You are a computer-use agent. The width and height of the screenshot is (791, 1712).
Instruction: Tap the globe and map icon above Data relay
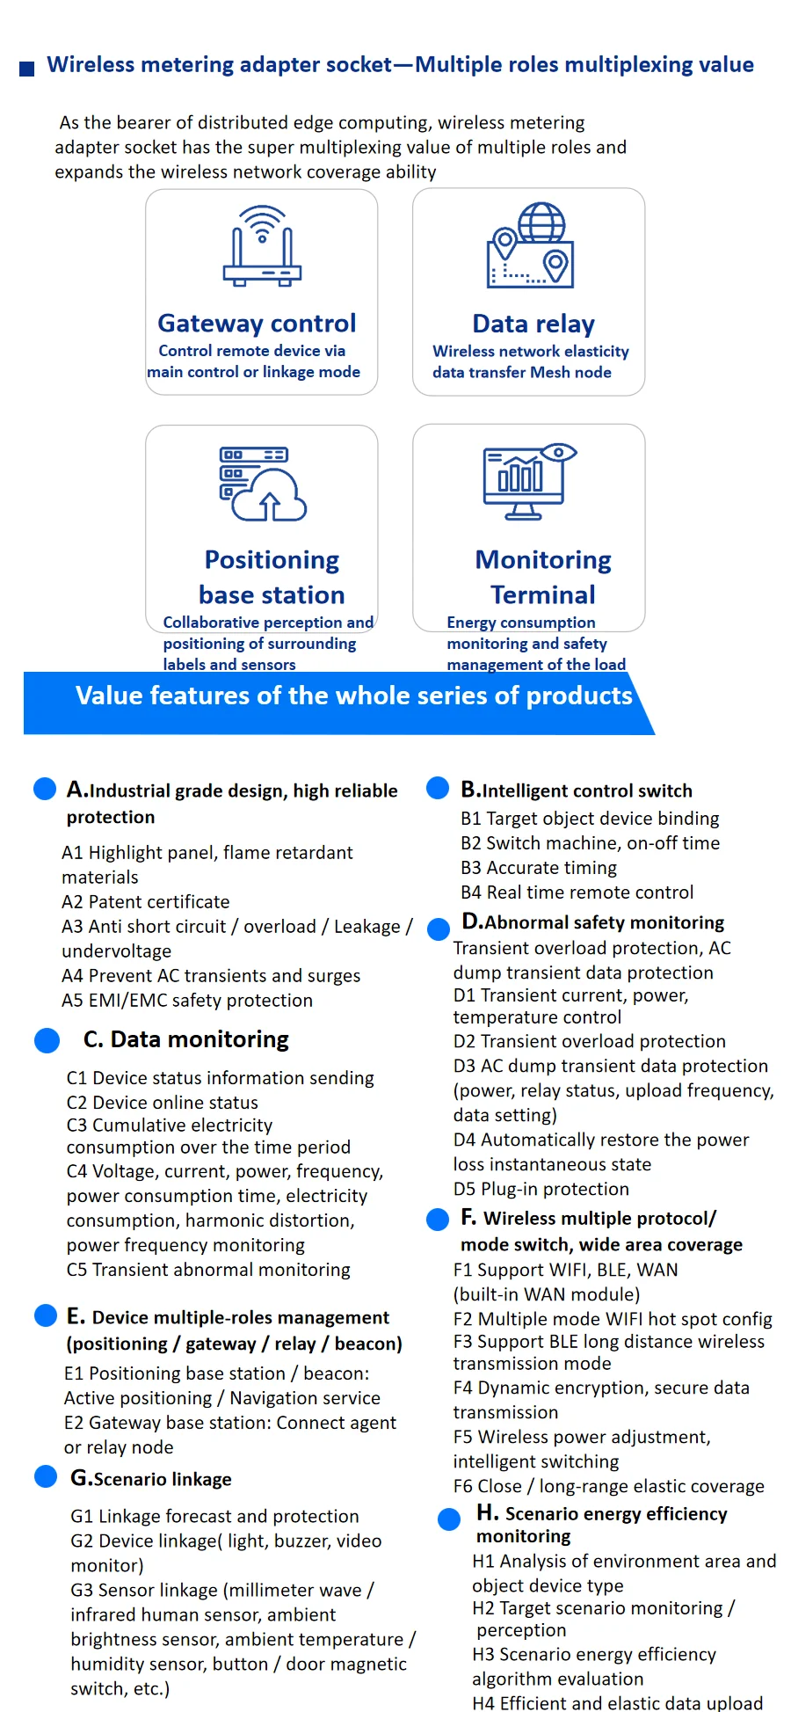pyautogui.click(x=531, y=245)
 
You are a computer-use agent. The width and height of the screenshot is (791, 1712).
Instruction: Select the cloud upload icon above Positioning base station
pyautogui.click(x=262, y=484)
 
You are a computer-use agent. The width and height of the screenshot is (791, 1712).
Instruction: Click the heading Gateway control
pyautogui.click(x=257, y=324)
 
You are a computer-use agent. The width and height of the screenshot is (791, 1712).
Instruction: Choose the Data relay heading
pyautogui.click(x=533, y=324)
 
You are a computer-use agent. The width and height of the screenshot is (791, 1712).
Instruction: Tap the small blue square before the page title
pyautogui.click(x=27, y=69)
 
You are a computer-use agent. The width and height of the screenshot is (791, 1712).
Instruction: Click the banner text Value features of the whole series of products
pyautogui.click(x=353, y=696)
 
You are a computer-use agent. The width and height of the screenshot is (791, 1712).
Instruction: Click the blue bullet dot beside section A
pyautogui.click(x=45, y=789)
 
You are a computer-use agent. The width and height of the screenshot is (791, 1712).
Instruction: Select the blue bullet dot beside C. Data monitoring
pyautogui.click(x=47, y=1040)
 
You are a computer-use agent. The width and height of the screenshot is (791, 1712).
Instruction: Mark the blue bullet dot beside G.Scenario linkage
pyautogui.click(x=46, y=1476)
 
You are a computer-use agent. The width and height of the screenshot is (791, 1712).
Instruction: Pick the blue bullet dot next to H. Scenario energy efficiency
pyautogui.click(x=449, y=1519)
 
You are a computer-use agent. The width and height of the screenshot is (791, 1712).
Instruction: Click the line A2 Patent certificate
pyautogui.click(x=145, y=901)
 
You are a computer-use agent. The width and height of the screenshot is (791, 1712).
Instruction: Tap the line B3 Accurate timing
pyautogui.click(x=539, y=868)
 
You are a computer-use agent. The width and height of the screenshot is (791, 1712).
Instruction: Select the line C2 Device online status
pyautogui.click(x=163, y=1102)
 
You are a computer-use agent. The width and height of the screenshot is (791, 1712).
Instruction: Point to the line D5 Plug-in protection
pyautogui.click(x=541, y=1189)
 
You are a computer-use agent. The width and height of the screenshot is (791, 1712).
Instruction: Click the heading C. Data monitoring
pyautogui.click(x=185, y=1039)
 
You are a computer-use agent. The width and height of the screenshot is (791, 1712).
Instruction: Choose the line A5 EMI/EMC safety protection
pyautogui.click(x=187, y=1000)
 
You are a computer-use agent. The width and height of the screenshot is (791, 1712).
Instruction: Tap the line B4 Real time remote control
pyautogui.click(x=577, y=892)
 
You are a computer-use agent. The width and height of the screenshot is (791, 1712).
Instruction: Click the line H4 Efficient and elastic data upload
pyautogui.click(x=617, y=1703)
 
